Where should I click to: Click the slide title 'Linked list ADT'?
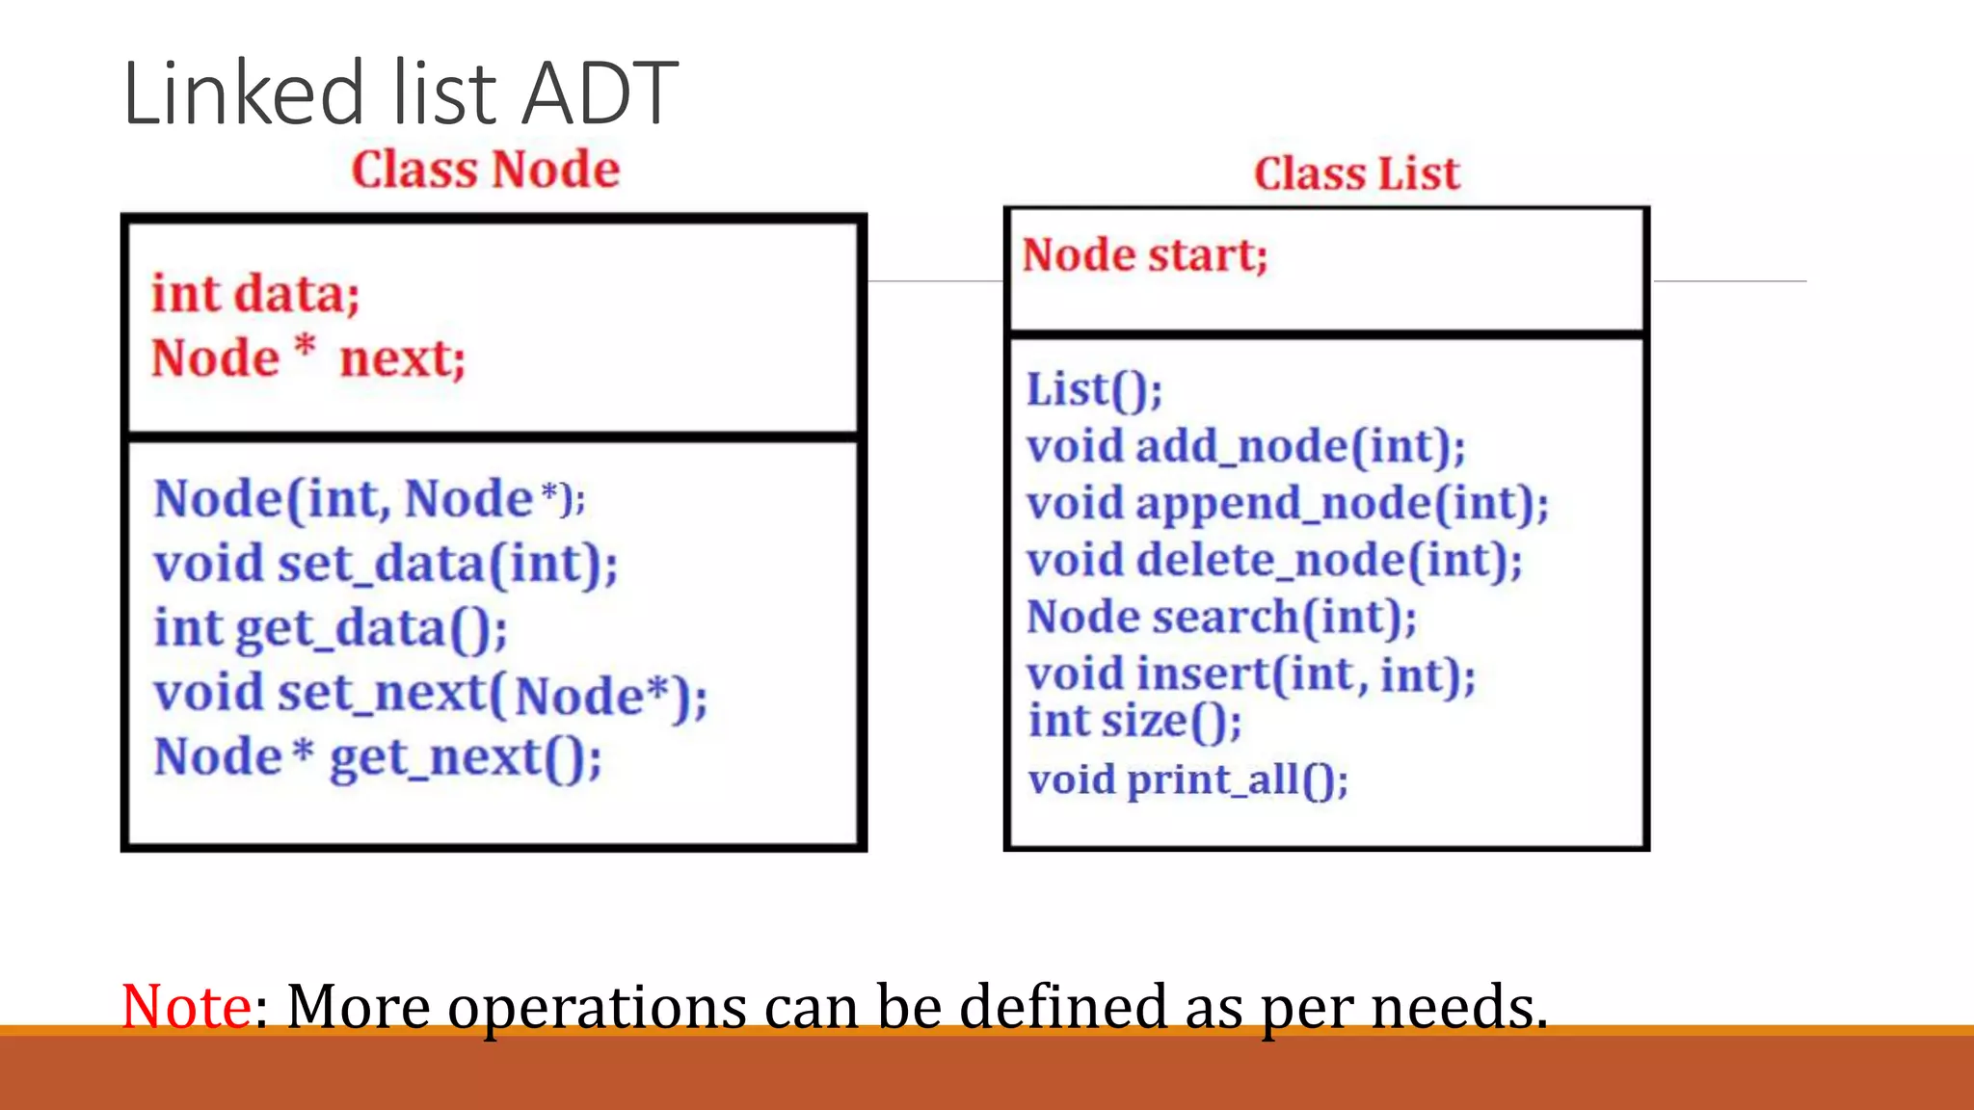[400, 93]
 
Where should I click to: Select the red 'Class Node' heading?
[485, 170]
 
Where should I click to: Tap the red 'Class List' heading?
[1356, 174]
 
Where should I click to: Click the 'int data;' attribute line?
[255, 294]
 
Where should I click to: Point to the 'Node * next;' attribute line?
[308, 357]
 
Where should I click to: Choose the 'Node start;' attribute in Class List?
[1144, 255]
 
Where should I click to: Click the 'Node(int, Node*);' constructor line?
[369, 499]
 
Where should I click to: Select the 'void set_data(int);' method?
[386, 564]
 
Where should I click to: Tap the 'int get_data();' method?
[331, 628]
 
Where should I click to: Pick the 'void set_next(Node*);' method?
[431, 694]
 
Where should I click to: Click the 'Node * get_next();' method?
[378, 757]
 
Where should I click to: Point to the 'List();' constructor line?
[1094, 390]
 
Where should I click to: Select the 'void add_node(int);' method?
[1245, 446]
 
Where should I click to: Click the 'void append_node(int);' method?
[1287, 503]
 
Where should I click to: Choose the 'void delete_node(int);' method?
[1274, 560]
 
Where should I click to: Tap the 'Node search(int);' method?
[1221, 617]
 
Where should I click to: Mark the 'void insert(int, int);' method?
[1250, 674]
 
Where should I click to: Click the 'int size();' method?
[1134, 721]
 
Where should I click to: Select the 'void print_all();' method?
[1187, 780]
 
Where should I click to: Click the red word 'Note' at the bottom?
[187, 1006]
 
